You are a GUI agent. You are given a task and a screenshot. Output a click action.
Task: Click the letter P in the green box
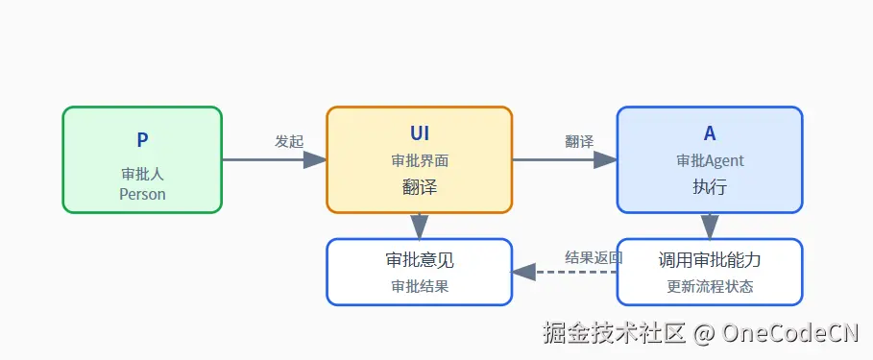tap(142, 140)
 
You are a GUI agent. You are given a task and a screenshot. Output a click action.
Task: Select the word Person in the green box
tap(142, 194)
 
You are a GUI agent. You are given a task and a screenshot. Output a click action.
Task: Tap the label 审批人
tap(142, 175)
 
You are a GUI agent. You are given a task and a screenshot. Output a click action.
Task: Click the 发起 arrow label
tap(289, 141)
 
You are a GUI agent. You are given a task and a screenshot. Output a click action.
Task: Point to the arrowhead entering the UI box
tap(315, 159)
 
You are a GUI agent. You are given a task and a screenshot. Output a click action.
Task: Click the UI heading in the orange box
tap(420, 134)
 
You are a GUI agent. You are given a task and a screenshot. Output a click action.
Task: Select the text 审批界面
tap(420, 160)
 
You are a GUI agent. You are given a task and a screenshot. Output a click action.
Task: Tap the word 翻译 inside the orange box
tap(420, 187)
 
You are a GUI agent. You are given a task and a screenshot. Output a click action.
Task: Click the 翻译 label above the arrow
tap(579, 141)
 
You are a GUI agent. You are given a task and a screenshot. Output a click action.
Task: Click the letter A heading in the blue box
tap(710, 134)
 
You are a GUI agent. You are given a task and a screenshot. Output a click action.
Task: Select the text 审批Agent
tap(710, 160)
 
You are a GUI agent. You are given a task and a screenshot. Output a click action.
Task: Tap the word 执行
tap(710, 187)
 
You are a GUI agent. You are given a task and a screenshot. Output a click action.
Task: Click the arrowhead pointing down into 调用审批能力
tap(710, 228)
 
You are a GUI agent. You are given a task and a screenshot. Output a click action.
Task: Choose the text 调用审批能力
tap(710, 259)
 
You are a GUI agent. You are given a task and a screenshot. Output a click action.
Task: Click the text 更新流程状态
tap(710, 286)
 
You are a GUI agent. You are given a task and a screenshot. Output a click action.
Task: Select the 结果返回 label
tap(594, 257)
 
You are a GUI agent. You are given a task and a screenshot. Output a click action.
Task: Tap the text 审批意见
tap(420, 259)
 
